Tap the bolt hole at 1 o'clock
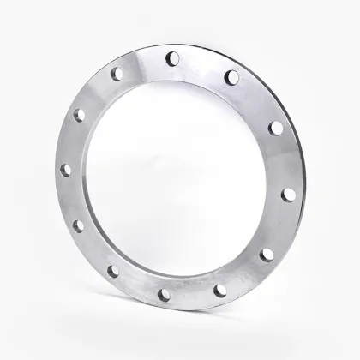point(231,77)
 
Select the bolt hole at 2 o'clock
point(275,128)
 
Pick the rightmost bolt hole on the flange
point(288,194)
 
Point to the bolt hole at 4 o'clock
point(267,254)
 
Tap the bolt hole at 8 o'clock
point(79,226)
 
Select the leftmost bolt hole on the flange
point(65,171)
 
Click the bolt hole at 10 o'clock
point(79,114)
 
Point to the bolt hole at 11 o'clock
point(116,75)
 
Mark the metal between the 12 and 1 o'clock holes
point(201,65)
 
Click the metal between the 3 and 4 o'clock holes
point(279,225)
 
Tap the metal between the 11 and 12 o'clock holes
point(142,63)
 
